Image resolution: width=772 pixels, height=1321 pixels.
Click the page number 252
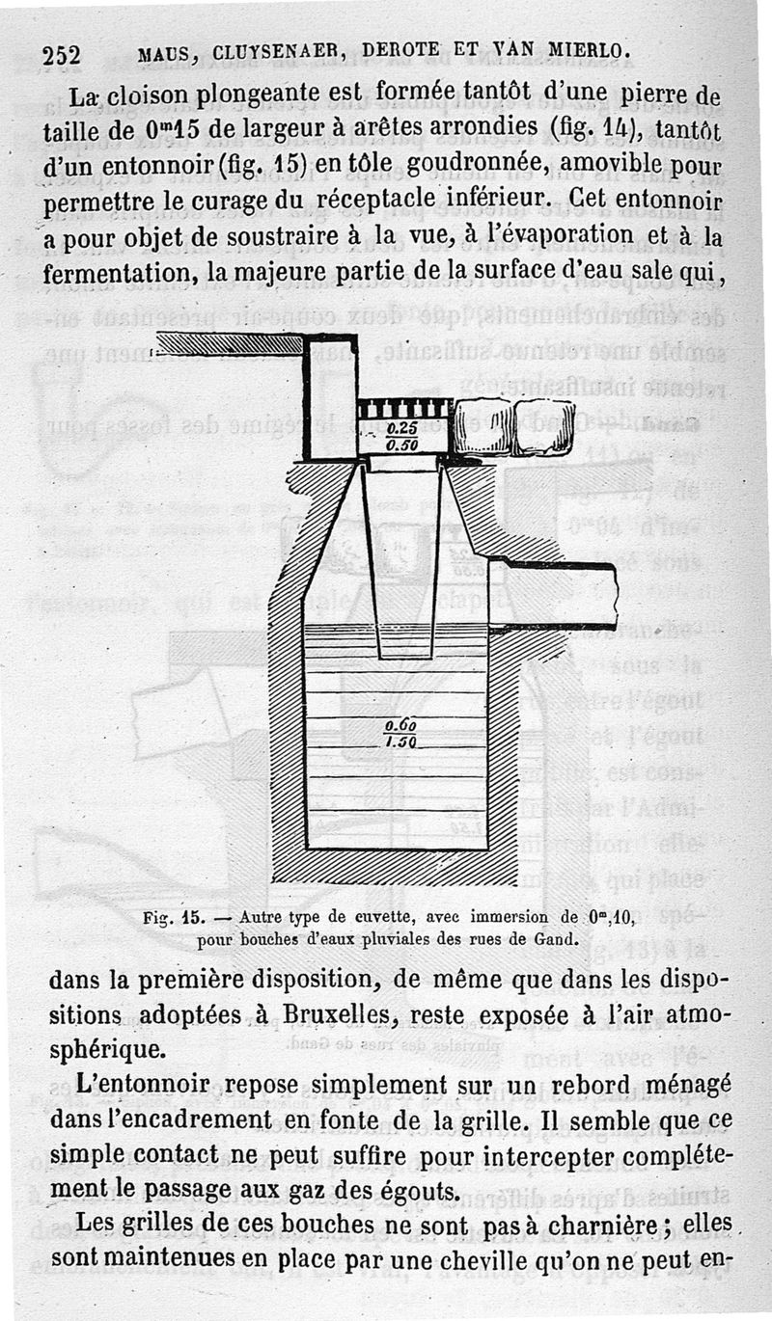pos(61,53)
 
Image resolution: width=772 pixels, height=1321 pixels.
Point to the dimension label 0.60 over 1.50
pos(400,734)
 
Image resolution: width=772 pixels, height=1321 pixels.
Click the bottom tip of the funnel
pos(406,656)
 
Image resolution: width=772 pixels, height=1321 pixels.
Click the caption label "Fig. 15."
pos(169,918)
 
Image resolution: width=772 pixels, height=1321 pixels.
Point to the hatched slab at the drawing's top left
pos(230,344)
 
